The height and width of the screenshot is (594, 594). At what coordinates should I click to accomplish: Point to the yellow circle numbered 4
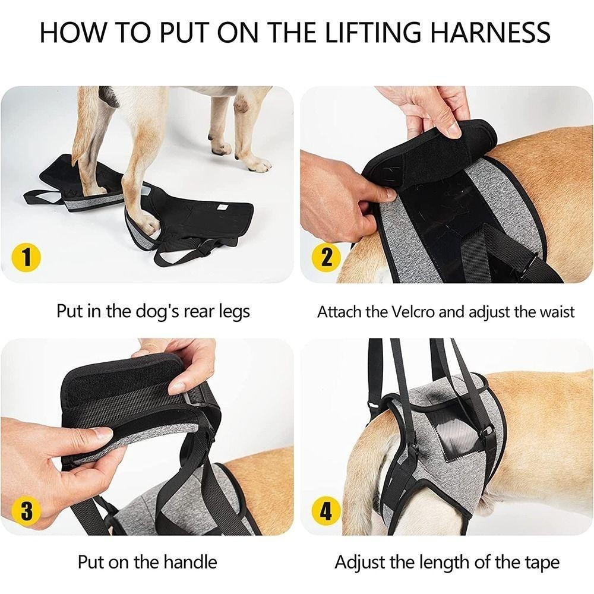pyautogui.click(x=326, y=511)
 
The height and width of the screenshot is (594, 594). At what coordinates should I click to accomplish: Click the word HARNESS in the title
pyautogui.click(x=491, y=32)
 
